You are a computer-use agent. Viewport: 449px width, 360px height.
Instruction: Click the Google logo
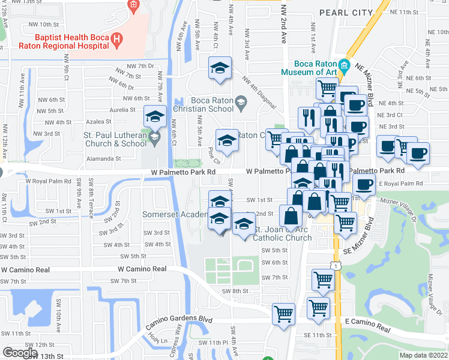[20, 352]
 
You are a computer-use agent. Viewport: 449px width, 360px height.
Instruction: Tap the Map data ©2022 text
[424, 355]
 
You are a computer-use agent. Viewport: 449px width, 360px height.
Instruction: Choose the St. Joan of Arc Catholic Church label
[282, 233]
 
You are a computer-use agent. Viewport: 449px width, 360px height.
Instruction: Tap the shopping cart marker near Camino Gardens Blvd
[283, 313]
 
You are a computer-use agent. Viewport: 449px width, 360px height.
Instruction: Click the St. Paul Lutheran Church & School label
[113, 139]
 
